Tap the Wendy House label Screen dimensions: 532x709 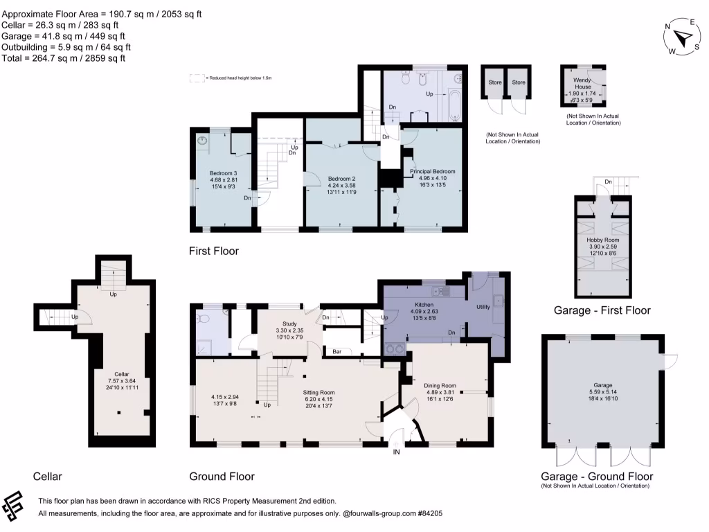pos(581,84)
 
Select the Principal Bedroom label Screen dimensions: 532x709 pos(432,171)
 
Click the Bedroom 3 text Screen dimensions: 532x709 pos(224,173)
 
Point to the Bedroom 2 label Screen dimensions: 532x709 pos(341,178)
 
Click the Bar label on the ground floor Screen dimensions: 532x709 pos(338,351)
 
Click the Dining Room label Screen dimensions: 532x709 pos(440,385)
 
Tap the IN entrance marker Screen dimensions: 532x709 pos(397,452)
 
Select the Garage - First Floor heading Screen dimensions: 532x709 pos(602,310)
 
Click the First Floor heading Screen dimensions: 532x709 pos(214,251)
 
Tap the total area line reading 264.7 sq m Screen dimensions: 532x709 pos(64,58)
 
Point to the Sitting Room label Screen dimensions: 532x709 pos(318,391)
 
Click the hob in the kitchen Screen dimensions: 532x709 pos(395,348)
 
